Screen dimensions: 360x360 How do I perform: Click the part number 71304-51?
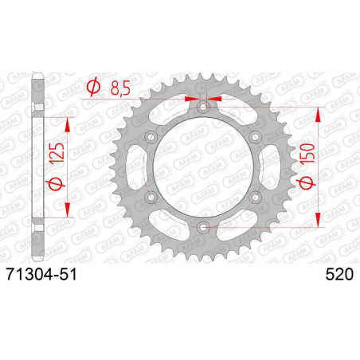[x=45, y=273]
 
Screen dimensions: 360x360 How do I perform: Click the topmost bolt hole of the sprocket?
[x=204, y=107]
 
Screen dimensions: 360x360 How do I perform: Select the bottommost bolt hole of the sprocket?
[x=204, y=229]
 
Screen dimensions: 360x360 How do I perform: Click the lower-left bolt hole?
[x=151, y=198]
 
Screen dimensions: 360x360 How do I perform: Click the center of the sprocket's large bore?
[x=204, y=168]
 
